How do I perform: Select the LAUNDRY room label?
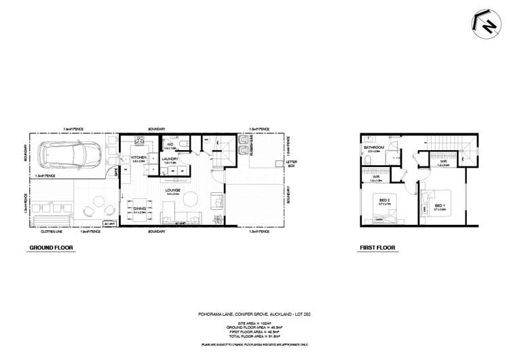point(170,159)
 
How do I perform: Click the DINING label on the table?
point(140,209)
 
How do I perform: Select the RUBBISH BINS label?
point(250,152)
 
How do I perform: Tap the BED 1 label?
point(439,206)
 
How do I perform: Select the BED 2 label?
point(384,200)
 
